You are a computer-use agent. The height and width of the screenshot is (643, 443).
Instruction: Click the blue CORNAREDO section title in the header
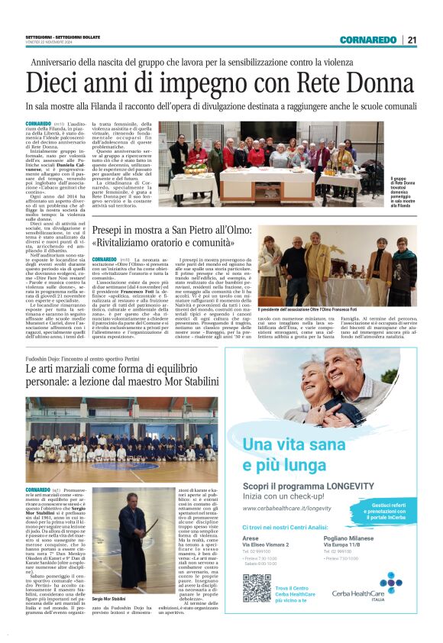[x=370, y=40]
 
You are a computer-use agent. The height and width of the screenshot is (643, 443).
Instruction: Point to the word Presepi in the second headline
[x=113, y=231]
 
